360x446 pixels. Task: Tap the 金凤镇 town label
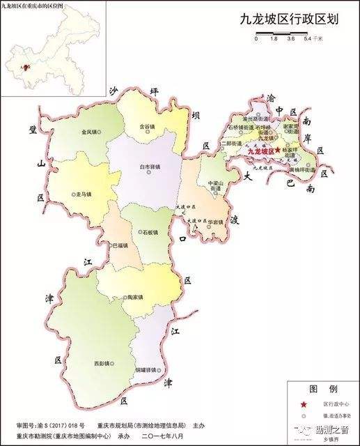pos(89,131)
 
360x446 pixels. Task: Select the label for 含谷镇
pos(146,127)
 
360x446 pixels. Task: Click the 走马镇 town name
pos(82,195)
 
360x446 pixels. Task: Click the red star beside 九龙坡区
pos(278,150)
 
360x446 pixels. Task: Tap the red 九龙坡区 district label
pos(262,151)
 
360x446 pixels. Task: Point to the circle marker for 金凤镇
pos(100,131)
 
